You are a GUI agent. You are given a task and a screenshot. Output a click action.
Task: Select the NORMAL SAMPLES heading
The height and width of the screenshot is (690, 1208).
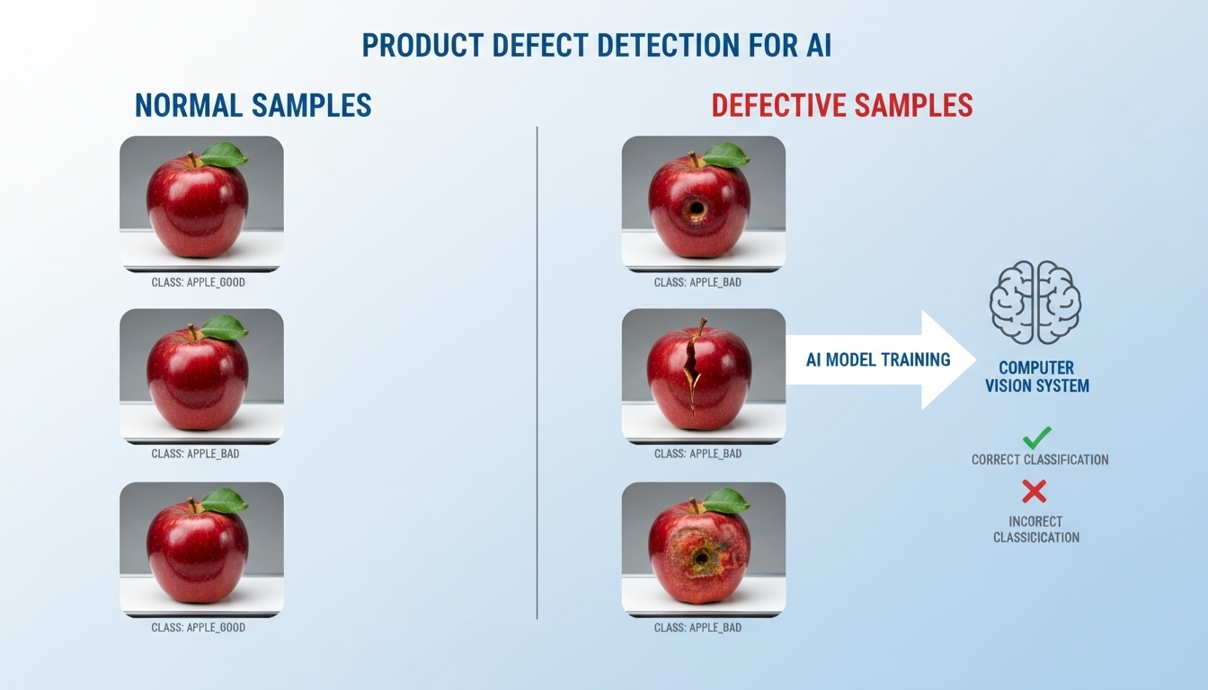coord(253,105)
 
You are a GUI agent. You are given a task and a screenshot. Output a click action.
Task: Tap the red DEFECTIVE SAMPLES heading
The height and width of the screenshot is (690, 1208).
coord(841,105)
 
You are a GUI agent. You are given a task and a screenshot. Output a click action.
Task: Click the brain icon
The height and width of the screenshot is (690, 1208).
coord(1035,302)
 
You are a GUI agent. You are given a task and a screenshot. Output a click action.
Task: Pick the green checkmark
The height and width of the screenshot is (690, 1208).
coord(1036,438)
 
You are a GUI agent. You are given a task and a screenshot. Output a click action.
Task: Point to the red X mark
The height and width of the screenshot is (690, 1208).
coord(1035,491)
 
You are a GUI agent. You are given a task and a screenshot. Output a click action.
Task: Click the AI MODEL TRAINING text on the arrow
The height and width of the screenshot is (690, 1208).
coord(878,359)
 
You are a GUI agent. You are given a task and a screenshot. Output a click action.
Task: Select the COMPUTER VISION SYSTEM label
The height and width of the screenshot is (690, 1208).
coord(1036,377)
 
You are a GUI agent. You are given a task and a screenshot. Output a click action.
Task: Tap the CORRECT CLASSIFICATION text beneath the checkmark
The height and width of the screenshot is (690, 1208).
coord(1040,460)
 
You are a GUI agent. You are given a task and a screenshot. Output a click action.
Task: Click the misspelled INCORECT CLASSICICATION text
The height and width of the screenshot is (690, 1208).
coord(1036,529)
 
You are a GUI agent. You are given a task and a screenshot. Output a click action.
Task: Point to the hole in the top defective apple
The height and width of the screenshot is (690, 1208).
coord(696,209)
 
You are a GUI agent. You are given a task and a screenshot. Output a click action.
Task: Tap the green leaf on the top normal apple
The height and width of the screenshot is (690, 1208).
coord(223,155)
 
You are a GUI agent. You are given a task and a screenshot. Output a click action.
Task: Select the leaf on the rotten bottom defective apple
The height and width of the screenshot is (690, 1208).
coord(725,500)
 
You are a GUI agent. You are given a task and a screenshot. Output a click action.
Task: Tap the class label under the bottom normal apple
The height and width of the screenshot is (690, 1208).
coord(198,627)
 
